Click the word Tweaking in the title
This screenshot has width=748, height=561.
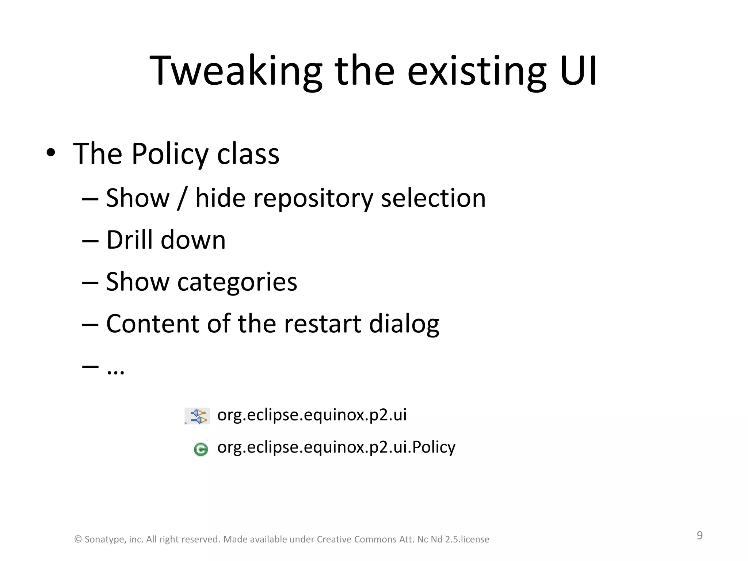236,71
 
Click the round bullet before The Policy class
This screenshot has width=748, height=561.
51,153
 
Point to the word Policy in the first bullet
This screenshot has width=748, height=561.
169,154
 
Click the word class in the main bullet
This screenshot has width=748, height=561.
248,154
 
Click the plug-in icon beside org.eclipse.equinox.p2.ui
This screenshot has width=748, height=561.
198,416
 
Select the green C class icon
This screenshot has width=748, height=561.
201,449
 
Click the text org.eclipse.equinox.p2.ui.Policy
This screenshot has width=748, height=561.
336,447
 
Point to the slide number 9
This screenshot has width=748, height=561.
699,535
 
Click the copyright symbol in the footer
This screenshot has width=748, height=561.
78,539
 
